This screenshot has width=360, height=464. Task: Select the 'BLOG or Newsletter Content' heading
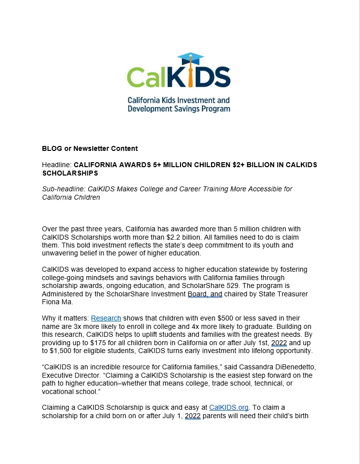point(90,148)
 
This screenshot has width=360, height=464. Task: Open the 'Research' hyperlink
point(106,318)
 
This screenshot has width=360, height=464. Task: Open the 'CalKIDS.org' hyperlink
point(229,407)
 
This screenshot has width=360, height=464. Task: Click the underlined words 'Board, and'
point(205,294)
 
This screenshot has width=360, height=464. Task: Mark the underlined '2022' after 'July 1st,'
point(279,343)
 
